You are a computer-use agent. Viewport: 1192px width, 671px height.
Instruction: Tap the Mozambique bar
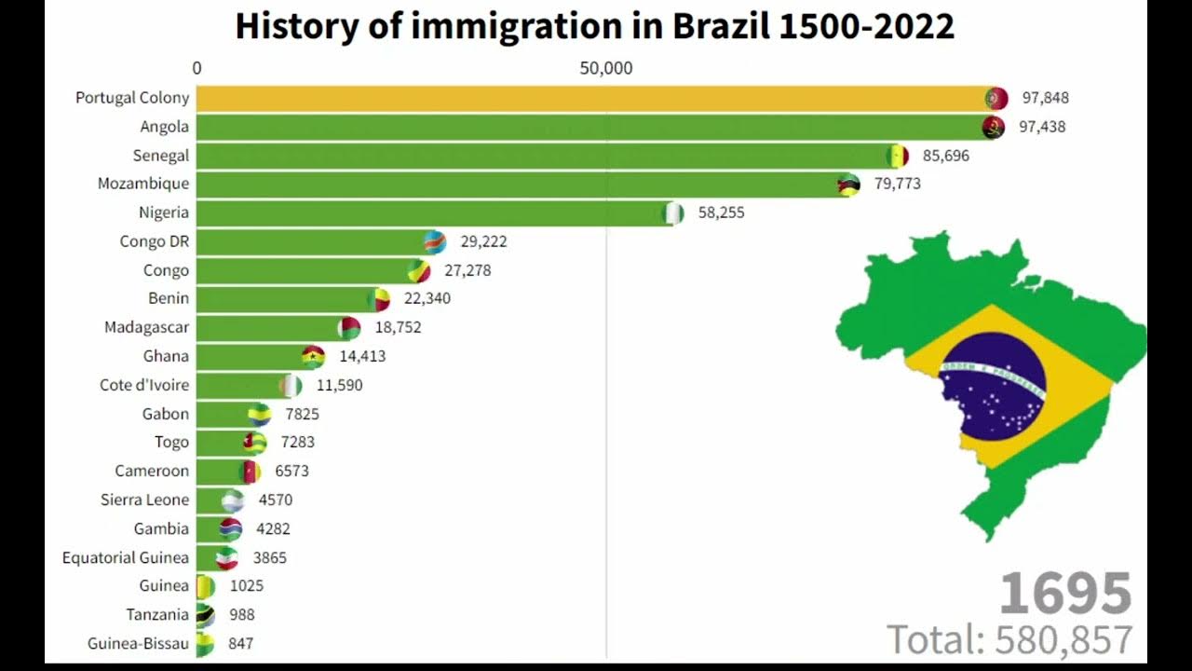coord(517,184)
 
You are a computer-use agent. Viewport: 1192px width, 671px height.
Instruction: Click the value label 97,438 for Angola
coord(1042,127)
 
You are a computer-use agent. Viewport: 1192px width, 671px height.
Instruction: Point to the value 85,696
coord(945,156)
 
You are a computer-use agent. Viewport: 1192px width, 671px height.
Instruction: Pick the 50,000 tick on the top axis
coord(606,68)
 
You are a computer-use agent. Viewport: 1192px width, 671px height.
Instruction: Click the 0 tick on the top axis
coord(196,68)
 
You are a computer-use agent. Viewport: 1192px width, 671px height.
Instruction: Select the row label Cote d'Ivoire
coord(144,385)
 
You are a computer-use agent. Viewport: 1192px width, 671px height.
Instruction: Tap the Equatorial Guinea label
coord(126,557)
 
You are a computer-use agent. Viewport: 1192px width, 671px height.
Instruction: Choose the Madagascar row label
coord(146,327)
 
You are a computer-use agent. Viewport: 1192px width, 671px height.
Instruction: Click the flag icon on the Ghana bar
coord(313,356)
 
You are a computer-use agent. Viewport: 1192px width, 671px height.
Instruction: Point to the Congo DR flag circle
coord(434,242)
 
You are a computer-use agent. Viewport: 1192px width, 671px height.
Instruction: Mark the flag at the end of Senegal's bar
coord(897,156)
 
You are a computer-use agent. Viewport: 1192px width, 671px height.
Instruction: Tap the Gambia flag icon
coord(231,529)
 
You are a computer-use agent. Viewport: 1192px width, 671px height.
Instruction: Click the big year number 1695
coord(1065,594)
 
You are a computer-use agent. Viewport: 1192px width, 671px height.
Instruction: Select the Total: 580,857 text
coord(1009,639)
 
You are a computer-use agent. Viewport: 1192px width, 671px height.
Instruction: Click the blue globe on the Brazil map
coord(993,386)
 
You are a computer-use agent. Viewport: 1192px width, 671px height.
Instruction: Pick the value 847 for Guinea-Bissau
coord(239,643)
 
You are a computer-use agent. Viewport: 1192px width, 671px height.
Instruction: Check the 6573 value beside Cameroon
coord(291,471)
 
